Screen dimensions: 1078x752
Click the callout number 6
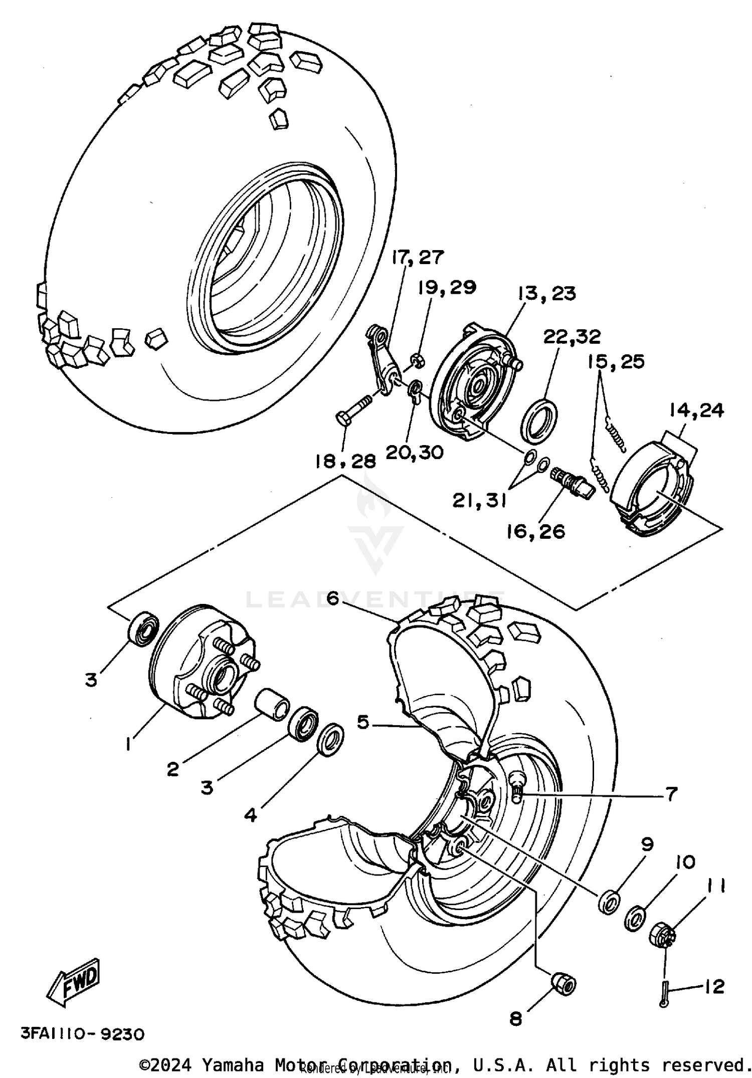coord(332,598)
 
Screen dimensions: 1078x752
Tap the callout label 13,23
coord(546,293)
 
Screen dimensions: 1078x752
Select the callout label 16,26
coord(535,531)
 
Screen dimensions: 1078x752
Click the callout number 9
coord(647,844)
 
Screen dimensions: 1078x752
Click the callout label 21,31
coord(479,500)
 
